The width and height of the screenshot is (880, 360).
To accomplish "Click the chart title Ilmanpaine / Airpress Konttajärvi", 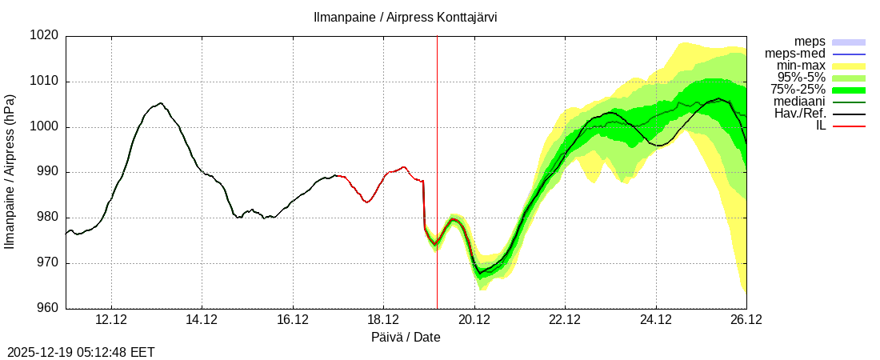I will pos(405,17).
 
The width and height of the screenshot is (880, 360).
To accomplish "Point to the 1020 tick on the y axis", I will pos(45,36).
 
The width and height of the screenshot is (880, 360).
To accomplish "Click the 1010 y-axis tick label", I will pos(45,82).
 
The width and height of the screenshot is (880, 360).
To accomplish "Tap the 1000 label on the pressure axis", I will pos(45,127).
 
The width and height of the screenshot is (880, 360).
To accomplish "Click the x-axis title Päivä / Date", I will pos(406,338).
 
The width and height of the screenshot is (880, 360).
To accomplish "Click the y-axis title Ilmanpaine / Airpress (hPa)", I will pos(10,172).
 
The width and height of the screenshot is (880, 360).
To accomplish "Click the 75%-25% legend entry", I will pos(798,90).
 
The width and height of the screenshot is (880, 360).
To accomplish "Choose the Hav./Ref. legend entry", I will pos(800,114).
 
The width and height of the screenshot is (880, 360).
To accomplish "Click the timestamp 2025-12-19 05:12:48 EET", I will pos(81,352).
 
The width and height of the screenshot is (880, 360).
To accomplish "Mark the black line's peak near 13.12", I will pos(161,103).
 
